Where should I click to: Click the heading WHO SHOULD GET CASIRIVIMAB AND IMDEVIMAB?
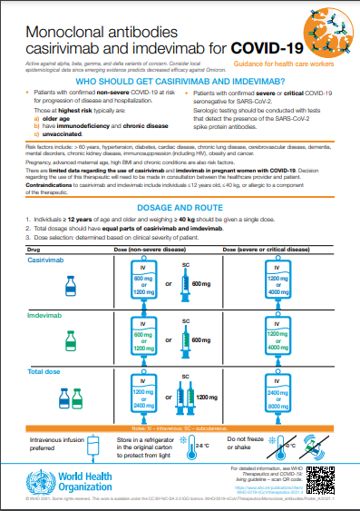180,79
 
